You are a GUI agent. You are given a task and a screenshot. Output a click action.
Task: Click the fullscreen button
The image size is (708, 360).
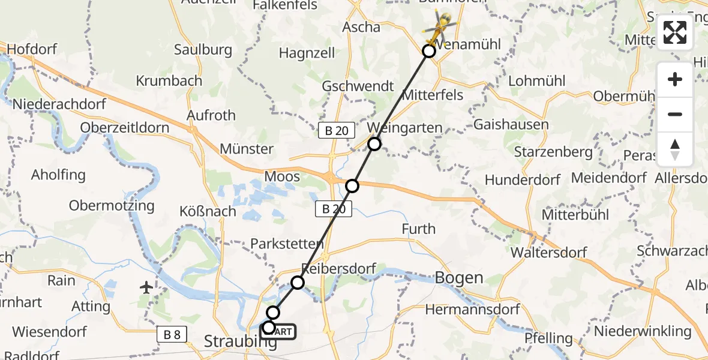[675, 33]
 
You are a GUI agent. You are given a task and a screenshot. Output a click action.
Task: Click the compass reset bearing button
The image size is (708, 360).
[675, 149]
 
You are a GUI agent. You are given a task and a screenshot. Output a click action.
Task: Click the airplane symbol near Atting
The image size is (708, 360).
[146, 287]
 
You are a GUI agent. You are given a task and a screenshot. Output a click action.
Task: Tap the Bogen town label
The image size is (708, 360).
[459, 278]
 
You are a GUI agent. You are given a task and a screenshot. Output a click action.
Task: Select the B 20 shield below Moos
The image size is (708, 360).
[334, 209]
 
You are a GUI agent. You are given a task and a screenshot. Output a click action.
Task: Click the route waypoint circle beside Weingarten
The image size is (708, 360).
[374, 144]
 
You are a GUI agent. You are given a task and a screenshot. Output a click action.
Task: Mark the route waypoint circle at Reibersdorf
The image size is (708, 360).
[298, 282]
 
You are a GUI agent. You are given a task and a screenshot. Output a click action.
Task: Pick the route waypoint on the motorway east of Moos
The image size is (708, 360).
[352, 186]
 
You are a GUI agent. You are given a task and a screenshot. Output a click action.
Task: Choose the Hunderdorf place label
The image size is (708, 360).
[522, 180]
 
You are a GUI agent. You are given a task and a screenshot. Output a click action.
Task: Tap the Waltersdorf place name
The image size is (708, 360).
[548, 253]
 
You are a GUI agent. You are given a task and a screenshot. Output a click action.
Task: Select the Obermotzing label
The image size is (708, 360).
[112, 206]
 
